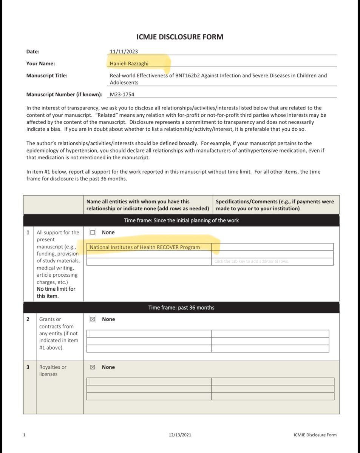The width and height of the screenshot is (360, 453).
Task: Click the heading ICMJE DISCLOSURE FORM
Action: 179,37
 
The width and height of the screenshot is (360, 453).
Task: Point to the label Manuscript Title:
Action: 47,75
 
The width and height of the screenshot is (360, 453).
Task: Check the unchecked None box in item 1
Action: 93,233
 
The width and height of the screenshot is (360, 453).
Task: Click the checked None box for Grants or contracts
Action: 92,319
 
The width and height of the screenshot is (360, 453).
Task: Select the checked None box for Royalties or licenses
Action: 92,367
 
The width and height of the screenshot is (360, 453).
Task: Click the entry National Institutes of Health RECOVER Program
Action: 145,247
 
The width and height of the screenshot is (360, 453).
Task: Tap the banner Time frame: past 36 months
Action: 181,308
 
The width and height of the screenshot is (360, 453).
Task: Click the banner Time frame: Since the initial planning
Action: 181,220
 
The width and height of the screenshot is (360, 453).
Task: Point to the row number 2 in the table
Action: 28,319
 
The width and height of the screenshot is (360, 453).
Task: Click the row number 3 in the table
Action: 28,367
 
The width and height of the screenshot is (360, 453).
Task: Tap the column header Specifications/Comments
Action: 275,205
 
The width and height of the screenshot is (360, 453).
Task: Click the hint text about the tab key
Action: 251,261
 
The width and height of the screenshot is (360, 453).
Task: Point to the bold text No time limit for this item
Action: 56,293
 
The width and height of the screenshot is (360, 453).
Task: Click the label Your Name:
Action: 40,64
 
